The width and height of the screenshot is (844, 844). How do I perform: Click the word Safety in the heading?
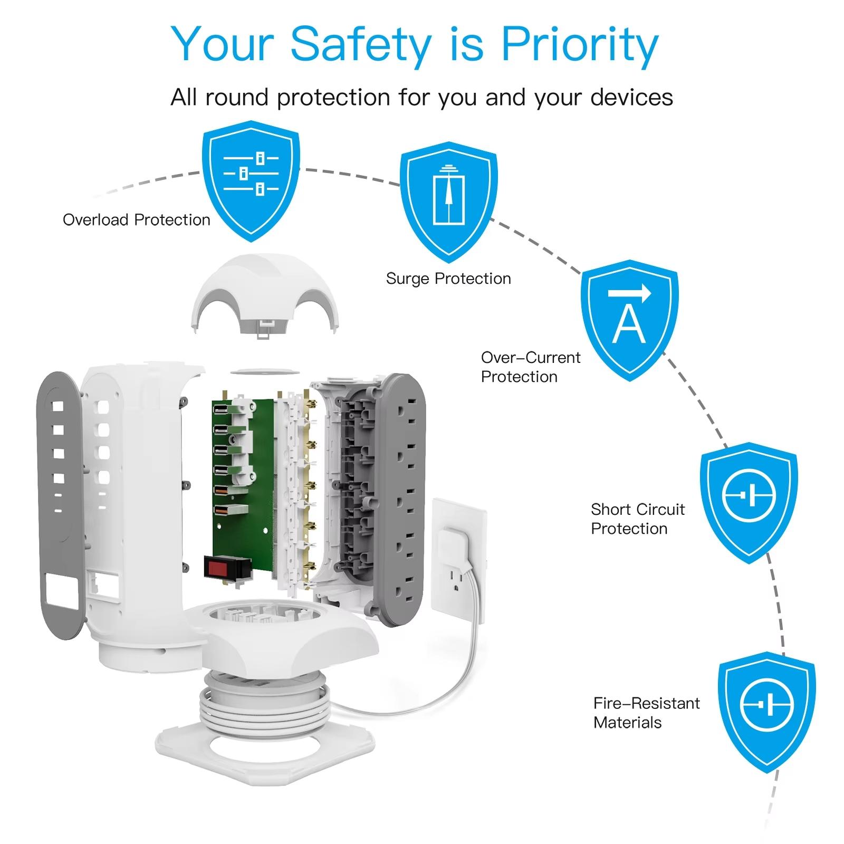360,44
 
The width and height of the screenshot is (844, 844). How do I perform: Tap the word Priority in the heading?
579,44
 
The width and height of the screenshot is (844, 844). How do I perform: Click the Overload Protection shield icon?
251,179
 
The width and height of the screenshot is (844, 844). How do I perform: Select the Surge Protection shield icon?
448,200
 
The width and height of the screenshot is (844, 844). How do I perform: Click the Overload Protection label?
136,220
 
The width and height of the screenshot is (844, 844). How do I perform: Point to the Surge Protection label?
448,279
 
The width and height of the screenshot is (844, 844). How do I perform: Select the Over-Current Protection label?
530,367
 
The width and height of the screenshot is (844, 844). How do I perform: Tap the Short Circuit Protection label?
637,519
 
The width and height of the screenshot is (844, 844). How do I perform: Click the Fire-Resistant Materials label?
646,713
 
